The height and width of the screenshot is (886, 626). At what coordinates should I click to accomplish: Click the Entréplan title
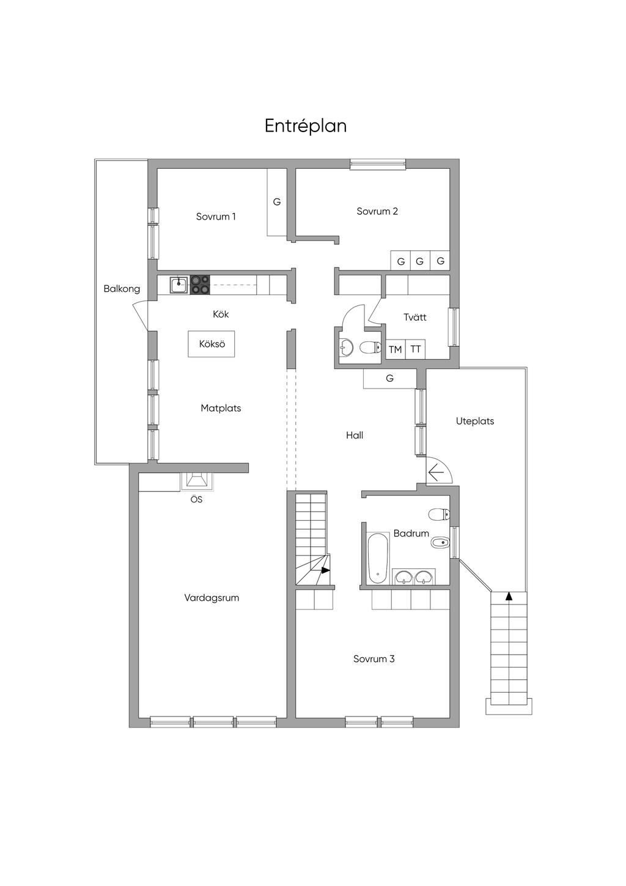306,126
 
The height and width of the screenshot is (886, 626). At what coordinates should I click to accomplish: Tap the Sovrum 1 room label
216,217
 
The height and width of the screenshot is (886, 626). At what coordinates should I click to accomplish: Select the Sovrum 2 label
377,211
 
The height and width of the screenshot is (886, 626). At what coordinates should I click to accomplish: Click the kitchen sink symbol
179,285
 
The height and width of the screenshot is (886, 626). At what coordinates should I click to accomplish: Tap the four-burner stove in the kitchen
200,285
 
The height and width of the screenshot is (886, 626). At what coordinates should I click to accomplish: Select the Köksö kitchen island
212,344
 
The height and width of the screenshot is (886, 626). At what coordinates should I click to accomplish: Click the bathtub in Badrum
378,558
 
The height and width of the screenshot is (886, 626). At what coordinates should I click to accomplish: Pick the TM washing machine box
395,349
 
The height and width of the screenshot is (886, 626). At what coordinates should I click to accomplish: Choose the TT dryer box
415,349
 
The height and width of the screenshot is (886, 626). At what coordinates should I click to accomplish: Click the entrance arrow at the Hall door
435,472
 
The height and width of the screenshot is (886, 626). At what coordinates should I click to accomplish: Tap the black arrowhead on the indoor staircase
326,570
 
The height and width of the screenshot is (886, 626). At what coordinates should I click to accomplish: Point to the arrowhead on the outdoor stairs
509,597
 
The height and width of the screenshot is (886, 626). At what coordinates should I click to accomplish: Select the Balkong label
122,289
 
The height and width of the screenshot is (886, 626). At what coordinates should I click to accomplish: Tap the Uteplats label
475,421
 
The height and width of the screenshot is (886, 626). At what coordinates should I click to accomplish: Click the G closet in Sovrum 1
277,202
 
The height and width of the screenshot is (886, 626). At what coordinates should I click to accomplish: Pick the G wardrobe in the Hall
389,379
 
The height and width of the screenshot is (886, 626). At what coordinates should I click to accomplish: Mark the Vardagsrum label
212,598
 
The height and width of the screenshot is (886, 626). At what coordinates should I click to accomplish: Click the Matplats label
221,408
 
